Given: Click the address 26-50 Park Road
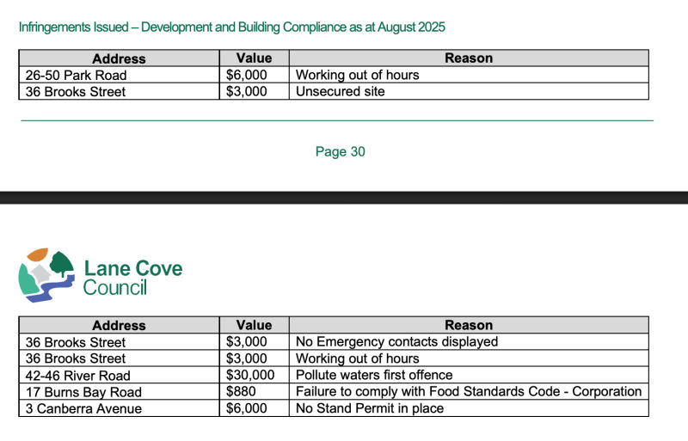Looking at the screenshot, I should pos(77,75).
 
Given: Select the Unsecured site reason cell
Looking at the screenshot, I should pos(340,91).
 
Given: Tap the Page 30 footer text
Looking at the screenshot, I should pos(340,152).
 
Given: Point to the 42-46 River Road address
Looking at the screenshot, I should pos(78,375).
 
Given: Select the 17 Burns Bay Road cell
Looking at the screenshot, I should pos(83,391).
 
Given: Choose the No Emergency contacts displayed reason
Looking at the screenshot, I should pos(396,341).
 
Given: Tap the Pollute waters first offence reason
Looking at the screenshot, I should pos(374,375).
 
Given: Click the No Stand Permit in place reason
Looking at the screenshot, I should pos(370,407).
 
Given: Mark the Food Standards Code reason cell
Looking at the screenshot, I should pos(469,391).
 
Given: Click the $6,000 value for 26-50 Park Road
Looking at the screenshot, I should pos(247,75).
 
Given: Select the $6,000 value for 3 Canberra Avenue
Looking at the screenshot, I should pos(247,407).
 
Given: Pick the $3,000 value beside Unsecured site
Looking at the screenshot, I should pos(247,91).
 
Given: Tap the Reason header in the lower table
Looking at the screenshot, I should pos(469,325).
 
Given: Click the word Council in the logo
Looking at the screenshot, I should pos(115,288).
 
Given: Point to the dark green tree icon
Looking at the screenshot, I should pos(62,262).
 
